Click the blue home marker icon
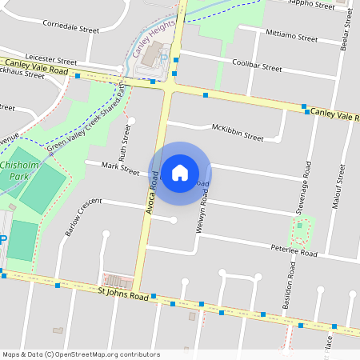tap(180, 173)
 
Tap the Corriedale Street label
tap(71, 28)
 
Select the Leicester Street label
tap(50, 60)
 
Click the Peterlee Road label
tap(294, 253)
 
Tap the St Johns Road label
tap(124, 295)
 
